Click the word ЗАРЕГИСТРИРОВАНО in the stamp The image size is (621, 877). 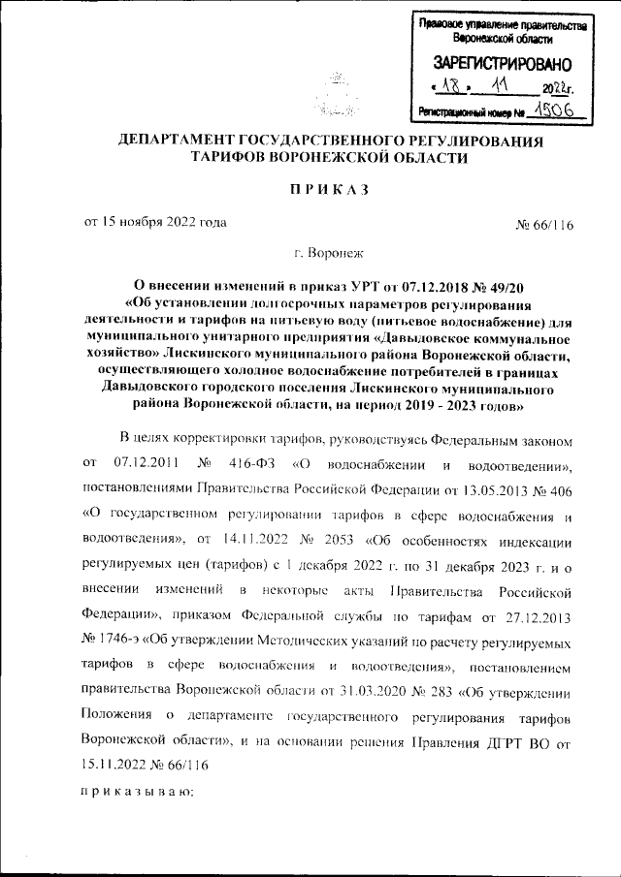click(495, 65)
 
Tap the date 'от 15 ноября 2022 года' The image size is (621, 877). click(156, 223)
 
